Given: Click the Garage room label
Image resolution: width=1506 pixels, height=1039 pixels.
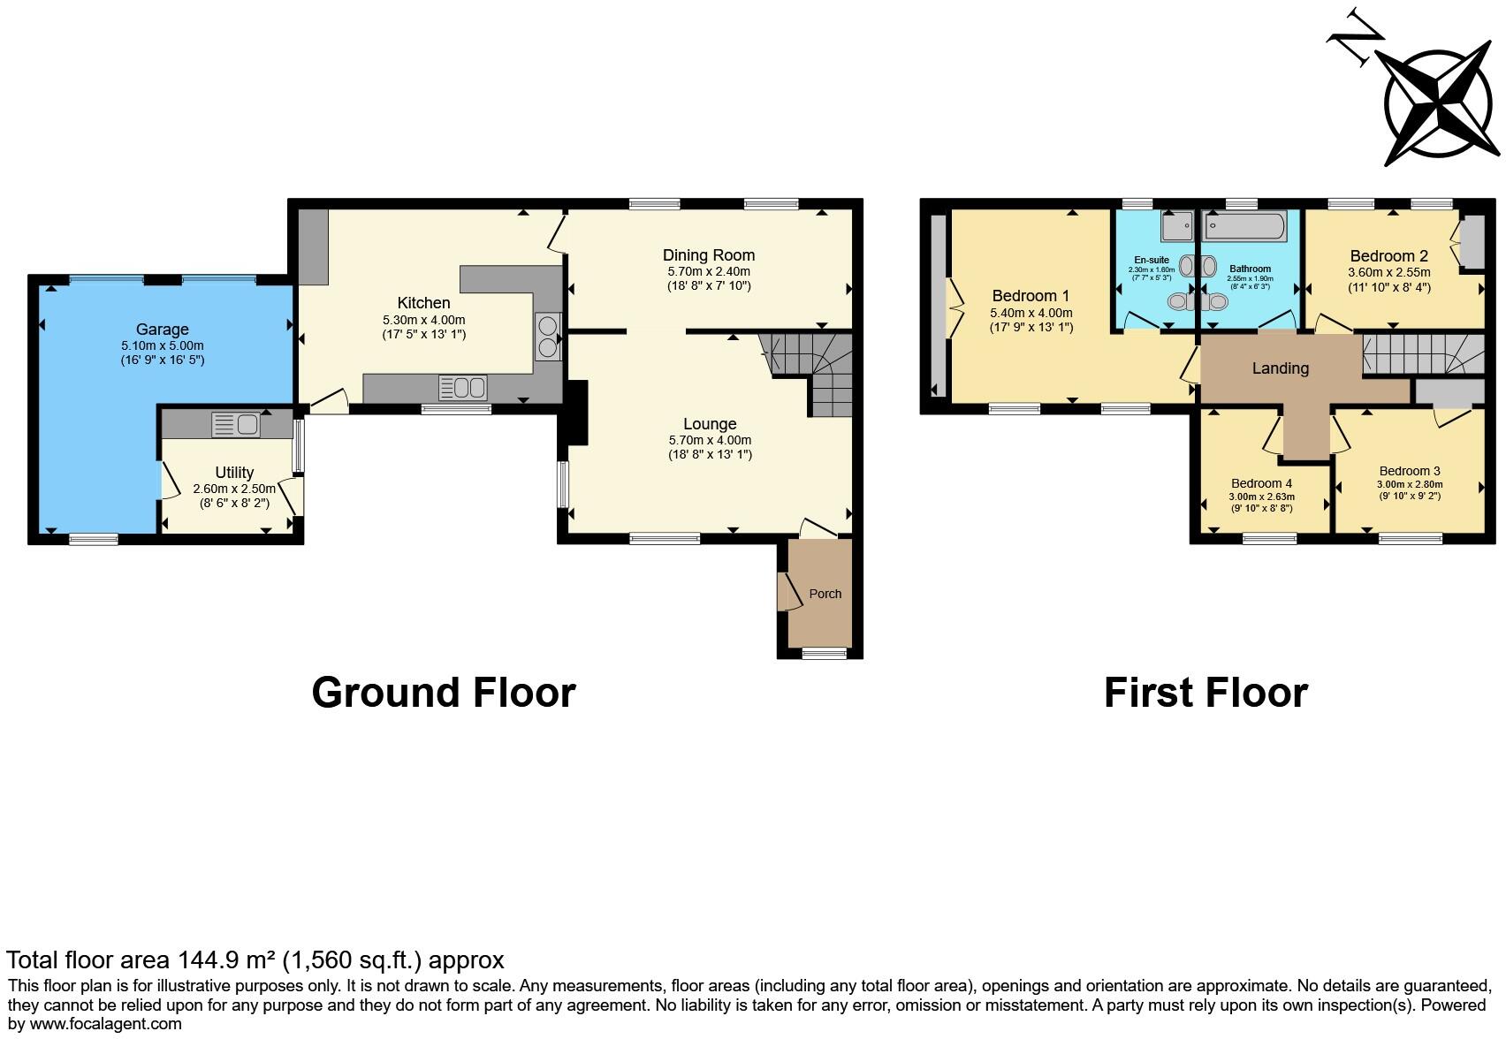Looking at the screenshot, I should [x=162, y=330].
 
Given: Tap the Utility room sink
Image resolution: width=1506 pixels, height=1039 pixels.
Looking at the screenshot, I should [x=235, y=425].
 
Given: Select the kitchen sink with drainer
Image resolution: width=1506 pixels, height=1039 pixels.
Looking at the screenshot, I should [x=462, y=387].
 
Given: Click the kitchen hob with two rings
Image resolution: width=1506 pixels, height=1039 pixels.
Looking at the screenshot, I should [x=547, y=337].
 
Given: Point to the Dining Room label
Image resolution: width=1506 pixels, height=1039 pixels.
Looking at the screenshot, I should [x=709, y=255].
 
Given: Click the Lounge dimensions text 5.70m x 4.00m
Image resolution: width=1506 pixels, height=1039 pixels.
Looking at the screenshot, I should [x=710, y=440].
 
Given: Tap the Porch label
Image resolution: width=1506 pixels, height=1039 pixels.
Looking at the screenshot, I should [x=825, y=594].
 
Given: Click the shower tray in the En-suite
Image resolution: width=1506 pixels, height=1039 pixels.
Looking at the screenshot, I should [x=1176, y=227].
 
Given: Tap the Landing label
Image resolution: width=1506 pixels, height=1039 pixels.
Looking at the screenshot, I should [x=1280, y=368].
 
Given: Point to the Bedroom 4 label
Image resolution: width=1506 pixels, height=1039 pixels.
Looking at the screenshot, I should [x=1261, y=483].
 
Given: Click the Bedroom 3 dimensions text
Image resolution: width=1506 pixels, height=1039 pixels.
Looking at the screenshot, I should [x=1409, y=484].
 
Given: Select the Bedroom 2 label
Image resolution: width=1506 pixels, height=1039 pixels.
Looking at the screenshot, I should [x=1389, y=257].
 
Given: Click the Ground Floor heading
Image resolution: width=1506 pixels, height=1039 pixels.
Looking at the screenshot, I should [x=444, y=693].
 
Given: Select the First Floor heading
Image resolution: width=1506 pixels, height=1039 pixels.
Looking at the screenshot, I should [x=1206, y=693].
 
